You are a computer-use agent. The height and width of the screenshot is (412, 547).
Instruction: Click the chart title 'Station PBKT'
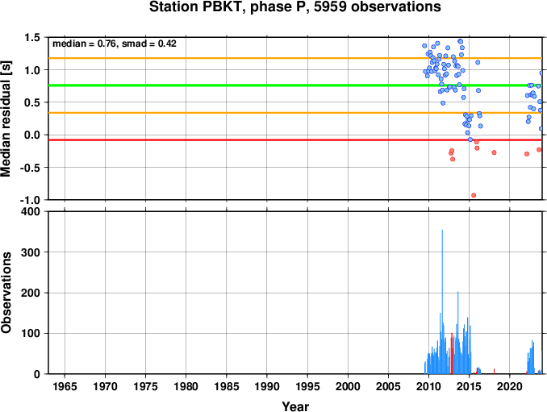coord(196,6)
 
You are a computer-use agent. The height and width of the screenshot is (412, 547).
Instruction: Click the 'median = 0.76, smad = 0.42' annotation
coord(115,44)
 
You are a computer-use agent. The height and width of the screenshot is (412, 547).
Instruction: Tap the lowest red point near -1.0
coord(474,195)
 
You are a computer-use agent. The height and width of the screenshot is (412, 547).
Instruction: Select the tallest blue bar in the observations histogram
coord(442,302)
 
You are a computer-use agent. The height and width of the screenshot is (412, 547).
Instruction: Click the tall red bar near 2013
coord(452,353)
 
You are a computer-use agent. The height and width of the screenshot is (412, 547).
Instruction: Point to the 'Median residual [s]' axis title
coord(6,119)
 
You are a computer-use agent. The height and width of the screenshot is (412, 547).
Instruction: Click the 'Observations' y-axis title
coord(6,292)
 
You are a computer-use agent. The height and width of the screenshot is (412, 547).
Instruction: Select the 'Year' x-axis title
coord(295,406)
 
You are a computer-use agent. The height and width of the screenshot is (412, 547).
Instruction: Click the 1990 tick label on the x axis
coord(267,386)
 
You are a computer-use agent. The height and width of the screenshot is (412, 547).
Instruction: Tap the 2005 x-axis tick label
coord(388,386)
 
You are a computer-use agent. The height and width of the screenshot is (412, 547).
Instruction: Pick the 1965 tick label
coord(65,386)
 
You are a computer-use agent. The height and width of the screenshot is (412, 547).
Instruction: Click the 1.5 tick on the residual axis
coord(32,37)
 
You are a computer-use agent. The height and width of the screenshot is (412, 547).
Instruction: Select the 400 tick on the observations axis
coord(31,211)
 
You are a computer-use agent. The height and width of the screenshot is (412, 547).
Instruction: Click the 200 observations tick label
coord(31,293)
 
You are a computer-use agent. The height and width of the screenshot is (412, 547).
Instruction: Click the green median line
coord(295,85)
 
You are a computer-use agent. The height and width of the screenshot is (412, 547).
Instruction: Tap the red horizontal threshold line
coord(295,140)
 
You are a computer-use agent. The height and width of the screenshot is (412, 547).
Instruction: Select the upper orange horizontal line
coord(295,58)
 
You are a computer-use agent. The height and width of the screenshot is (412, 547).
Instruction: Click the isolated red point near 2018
coord(494,152)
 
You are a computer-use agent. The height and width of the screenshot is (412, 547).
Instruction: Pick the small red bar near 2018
coord(494,371)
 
